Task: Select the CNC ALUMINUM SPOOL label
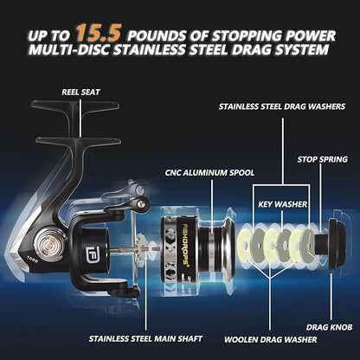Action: point(199,173)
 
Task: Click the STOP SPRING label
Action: point(320,160)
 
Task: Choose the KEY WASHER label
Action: point(279,206)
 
